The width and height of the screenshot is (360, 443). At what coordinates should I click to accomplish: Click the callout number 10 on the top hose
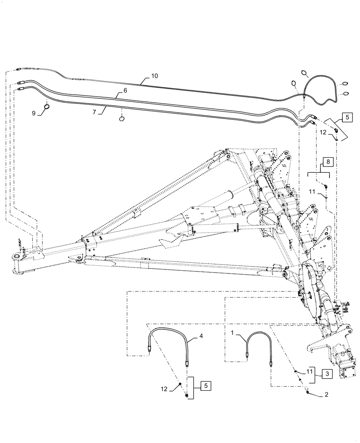point(154,76)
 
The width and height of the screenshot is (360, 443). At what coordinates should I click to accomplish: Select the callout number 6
point(125,90)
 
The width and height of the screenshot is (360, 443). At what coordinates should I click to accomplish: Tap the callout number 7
point(94,113)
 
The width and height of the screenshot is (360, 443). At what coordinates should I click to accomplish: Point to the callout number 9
point(33,113)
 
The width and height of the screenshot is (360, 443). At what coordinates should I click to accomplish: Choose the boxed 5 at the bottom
point(206,385)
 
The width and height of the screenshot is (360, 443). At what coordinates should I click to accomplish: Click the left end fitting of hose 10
point(18,70)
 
